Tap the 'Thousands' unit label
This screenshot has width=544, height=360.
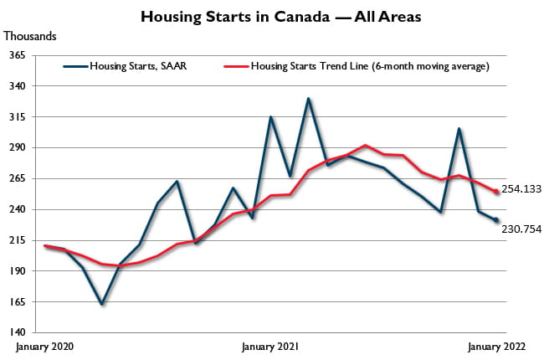[31, 36]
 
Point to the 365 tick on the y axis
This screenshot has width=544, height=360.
[18, 55]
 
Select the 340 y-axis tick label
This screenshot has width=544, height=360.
[18, 86]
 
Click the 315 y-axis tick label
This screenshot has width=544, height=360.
[18, 117]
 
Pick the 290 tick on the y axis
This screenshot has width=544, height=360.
[18, 148]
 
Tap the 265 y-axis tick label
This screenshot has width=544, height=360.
[18, 179]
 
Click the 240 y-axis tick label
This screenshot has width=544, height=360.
[18, 210]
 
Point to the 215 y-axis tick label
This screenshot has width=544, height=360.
[18, 241]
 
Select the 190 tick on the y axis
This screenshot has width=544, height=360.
[18, 272]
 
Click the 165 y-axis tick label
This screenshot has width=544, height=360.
[18, 303]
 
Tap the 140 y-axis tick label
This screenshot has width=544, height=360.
[18, 333]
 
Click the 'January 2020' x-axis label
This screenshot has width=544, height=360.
[44, 346]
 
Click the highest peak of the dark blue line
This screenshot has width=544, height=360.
[309, 99]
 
